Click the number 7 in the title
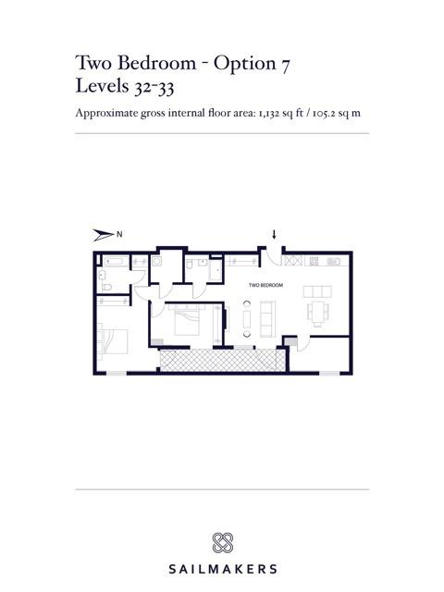tap(285, 64)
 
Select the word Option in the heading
tap(244, 63)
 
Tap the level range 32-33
tap(154, 87)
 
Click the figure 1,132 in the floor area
tap(269, 113)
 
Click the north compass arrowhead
tap(104, 235)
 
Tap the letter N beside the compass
tap(119, 234)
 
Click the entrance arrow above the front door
tap(274, 234)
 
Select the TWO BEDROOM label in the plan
tap(265, 285)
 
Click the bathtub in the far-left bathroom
tap(117, 261)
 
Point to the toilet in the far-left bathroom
tap(107, 288)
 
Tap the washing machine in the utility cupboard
tap(156, 261)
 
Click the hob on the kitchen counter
tap(314, 261)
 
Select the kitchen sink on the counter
tap(334, 261)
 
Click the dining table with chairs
tap(317, 313)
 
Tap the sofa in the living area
tap(267, 319)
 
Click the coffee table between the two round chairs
tap(247, 319)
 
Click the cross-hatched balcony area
tap(222, 360)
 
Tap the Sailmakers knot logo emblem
tap(222, 543)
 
